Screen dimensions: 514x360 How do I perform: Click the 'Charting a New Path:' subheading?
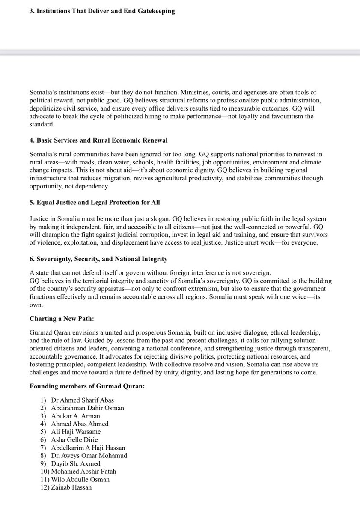(62, 319)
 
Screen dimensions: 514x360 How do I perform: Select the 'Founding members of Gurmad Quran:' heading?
(87, 386)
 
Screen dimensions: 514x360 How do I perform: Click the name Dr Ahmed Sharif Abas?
(82, 400)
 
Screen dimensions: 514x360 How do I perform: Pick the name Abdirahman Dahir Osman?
(87, 408)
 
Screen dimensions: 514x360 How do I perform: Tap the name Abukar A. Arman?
(75, 416)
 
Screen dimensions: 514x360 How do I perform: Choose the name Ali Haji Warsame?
(75, 432)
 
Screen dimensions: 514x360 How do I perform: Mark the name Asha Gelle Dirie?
(74, 440)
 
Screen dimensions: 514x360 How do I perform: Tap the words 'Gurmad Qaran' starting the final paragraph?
(49, 333)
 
